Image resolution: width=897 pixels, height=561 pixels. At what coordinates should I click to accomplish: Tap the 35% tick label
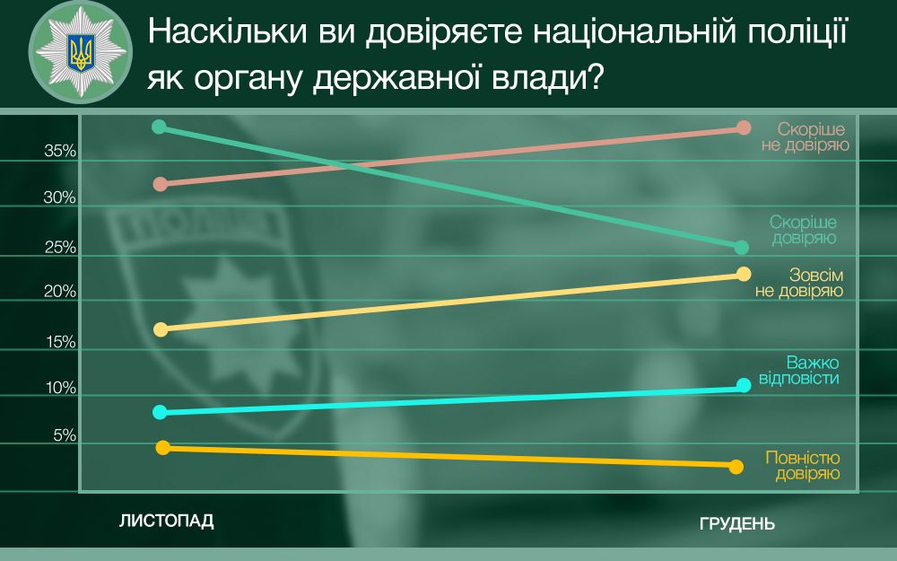[x=61, y=153]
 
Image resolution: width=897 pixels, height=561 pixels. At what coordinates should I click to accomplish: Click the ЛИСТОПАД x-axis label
[x=167, y=522]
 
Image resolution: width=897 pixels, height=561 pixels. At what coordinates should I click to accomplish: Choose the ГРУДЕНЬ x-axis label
[x=736, y=524]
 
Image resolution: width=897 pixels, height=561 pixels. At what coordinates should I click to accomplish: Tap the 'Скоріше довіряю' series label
[x=803, y=230]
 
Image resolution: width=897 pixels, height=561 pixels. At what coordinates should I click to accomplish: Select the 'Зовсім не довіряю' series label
[x=797, y=283]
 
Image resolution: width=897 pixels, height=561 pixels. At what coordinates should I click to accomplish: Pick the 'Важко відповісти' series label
[x=798, y=371]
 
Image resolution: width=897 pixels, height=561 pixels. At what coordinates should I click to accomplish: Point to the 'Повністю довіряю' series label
[x=802, y=465]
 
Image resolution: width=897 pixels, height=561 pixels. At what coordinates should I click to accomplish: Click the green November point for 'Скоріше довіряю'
[x=160, y=127]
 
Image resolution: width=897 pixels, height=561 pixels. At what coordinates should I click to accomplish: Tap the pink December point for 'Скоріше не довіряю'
[x=743, y=127]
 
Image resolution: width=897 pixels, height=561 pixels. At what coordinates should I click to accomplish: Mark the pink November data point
[x=161, y=184]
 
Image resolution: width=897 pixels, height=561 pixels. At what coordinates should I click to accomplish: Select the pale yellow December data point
[x=743, y=274]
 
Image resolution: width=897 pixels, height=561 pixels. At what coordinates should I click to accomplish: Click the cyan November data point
[x=161, y=412]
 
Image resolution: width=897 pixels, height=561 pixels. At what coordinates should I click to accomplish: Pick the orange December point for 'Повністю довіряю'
[x=736, y=466]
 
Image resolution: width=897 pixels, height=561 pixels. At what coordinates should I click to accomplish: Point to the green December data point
[x=741, y=247]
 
